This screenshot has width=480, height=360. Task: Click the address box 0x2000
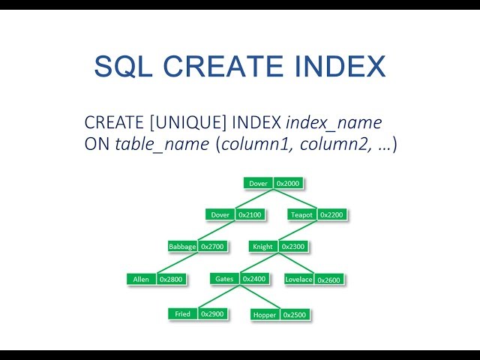click(288, 183)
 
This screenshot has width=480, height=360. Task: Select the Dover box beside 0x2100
click(220, 214)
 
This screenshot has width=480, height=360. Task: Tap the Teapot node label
click(301, 214)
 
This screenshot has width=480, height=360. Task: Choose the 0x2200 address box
click(331, 214)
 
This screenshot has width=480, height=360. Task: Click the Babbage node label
click(183, 246)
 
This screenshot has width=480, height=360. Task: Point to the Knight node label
click(262, 246)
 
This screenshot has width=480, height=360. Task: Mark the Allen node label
click(141, 279)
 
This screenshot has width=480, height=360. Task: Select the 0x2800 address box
click(170, 279)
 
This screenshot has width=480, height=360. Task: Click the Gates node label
click(224, 279)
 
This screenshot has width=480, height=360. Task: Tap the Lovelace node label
click(298, 279)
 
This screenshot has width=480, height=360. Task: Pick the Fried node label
click(182, 313)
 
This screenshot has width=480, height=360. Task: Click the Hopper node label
click(264, 314)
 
